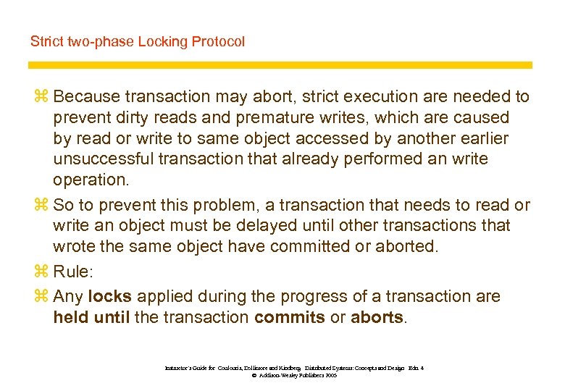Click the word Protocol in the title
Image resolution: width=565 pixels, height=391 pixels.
[218, 42]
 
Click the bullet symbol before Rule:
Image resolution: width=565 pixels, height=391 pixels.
[39, 272]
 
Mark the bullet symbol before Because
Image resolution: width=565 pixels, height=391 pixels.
[39, 96]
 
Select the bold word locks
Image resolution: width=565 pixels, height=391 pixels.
[110, 296]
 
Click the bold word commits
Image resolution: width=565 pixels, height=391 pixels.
[290, 317]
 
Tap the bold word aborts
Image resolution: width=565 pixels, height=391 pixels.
[377, 317]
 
